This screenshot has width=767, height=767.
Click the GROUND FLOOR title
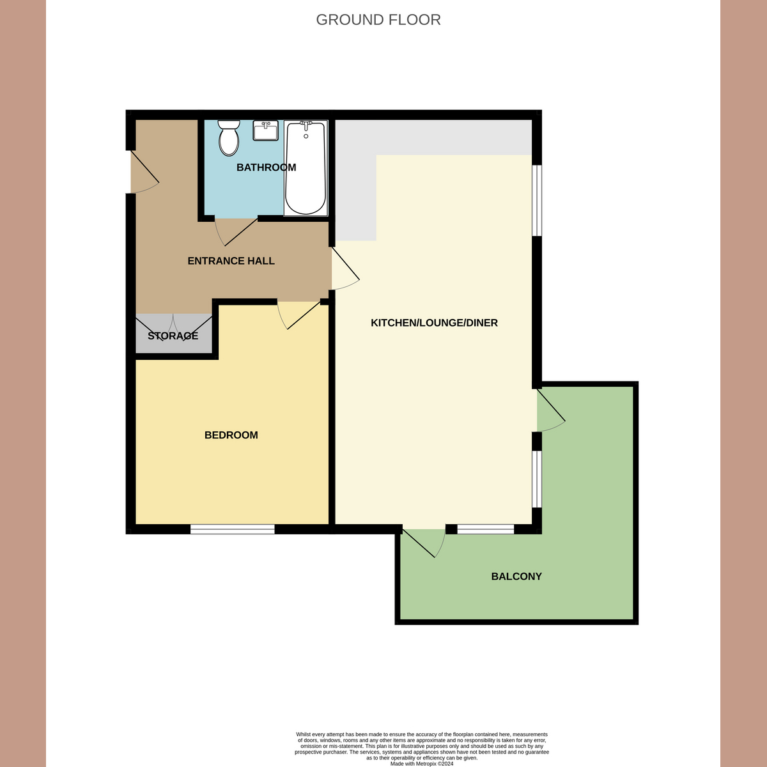(378, 20)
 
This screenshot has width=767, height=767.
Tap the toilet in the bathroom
(228, 138)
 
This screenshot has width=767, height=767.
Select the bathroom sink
(265, 130)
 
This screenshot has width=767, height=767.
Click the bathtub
(306, 168)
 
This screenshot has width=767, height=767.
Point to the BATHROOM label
(266, 167)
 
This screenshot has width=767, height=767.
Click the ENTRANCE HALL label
(231, 261)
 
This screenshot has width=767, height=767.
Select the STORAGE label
(173, 336)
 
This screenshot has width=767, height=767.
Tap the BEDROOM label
(231, 435)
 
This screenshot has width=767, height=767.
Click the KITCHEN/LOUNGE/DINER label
(434, 323)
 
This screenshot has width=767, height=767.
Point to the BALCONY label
(516, 577)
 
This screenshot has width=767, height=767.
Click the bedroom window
(232, 529)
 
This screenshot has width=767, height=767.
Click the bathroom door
(236, 231)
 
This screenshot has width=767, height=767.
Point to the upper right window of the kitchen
(538, 201)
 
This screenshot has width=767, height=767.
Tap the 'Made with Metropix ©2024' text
(421, 763)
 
